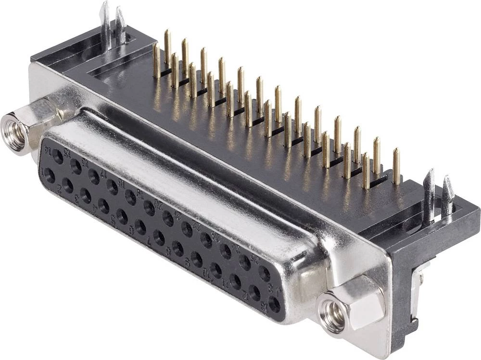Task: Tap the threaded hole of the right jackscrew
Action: (333, 315)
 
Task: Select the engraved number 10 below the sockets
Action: (205, 274)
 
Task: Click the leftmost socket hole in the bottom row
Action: (49, 175)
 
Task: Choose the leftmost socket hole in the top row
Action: (58, 156)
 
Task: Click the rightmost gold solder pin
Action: (396, 166)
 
